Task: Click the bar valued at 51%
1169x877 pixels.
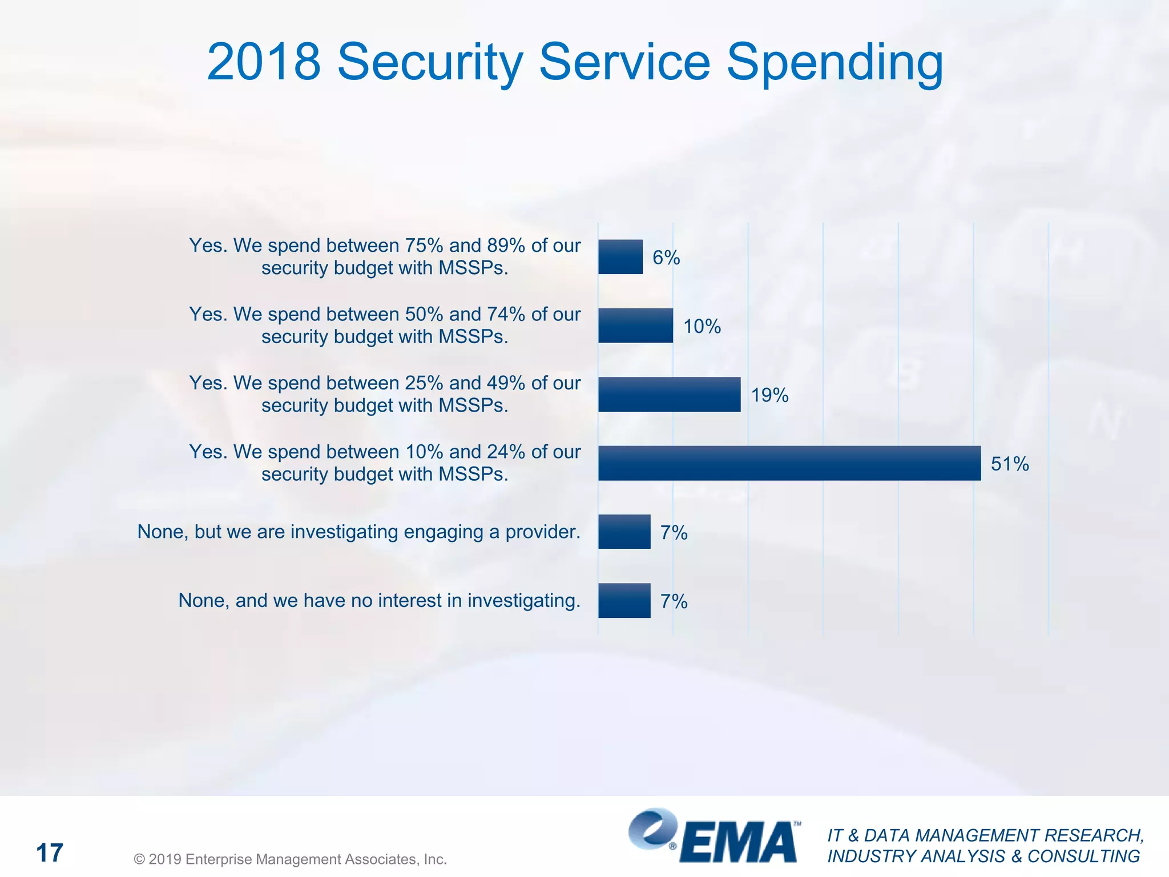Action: pyautogui.click(x=789, y=463)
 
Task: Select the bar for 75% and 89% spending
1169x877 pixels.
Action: pyautogui.click(x=620, y=257)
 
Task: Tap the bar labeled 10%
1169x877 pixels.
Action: pyautogui.click(x=635, y=325)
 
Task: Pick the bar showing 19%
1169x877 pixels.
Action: pyautogui.click(x=669, y=395)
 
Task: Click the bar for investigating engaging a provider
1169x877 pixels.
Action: pyautogui.click(x=624, y=532)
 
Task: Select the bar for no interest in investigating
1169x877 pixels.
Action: pyautogui.click(x=624, y=601)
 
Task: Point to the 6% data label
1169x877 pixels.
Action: pyautogui.click(x=666, y=258)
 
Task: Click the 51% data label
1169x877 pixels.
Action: pyautogui.click(x=1009, y=464)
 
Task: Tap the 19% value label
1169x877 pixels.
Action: pyautogui.click(x=769, y=395)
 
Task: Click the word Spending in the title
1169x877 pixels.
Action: pyautogui.click(x=835, y=63)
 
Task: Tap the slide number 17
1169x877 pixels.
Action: pyautogui.click(x=50, y=853)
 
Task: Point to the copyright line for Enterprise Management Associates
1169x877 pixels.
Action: pyautogui.click(x=290, y=859)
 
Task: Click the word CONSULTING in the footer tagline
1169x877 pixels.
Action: pyautogui.click(x=1083, y=856)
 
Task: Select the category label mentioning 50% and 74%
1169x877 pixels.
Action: pyautogui.click(x=385, y=325)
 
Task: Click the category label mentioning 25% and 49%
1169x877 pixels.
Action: pyautogui.click(x=385, y=394)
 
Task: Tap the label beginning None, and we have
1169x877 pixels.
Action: pyautogui.click(x=379, y=601)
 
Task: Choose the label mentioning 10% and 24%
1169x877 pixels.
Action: pyautogui.click(x=385, y=463)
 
